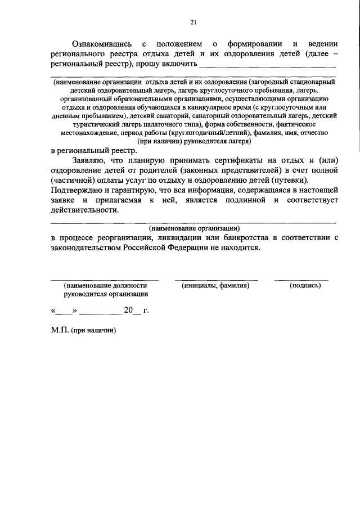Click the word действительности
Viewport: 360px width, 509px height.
[85, 210]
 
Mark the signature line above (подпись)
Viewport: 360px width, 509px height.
[301, 280]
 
